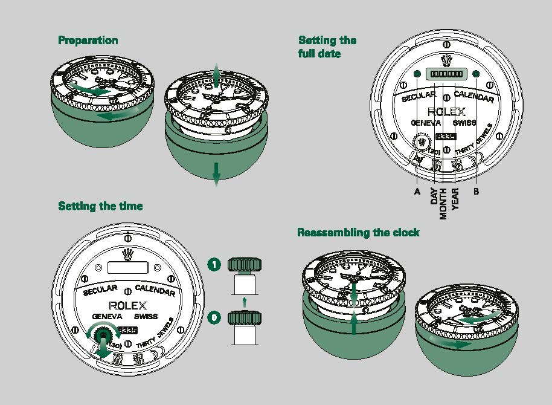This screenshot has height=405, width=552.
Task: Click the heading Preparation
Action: (x=88, y=40)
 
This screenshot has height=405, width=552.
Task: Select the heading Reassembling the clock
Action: (x=358, y=233)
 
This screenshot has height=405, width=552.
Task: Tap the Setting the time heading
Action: (x=100, y=206)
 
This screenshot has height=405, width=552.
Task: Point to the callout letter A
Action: (x=417, y=191)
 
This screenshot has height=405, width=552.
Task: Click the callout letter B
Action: (x=477, y=191)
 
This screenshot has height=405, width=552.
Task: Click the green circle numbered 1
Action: (x=213, y=264)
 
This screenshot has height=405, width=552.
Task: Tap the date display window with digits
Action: (x=445, y=74)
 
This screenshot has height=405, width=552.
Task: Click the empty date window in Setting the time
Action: (x=127, y=267)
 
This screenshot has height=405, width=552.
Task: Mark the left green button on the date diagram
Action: (x=417, y=74)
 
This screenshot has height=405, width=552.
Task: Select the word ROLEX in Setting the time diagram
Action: (x=127, y=305)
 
